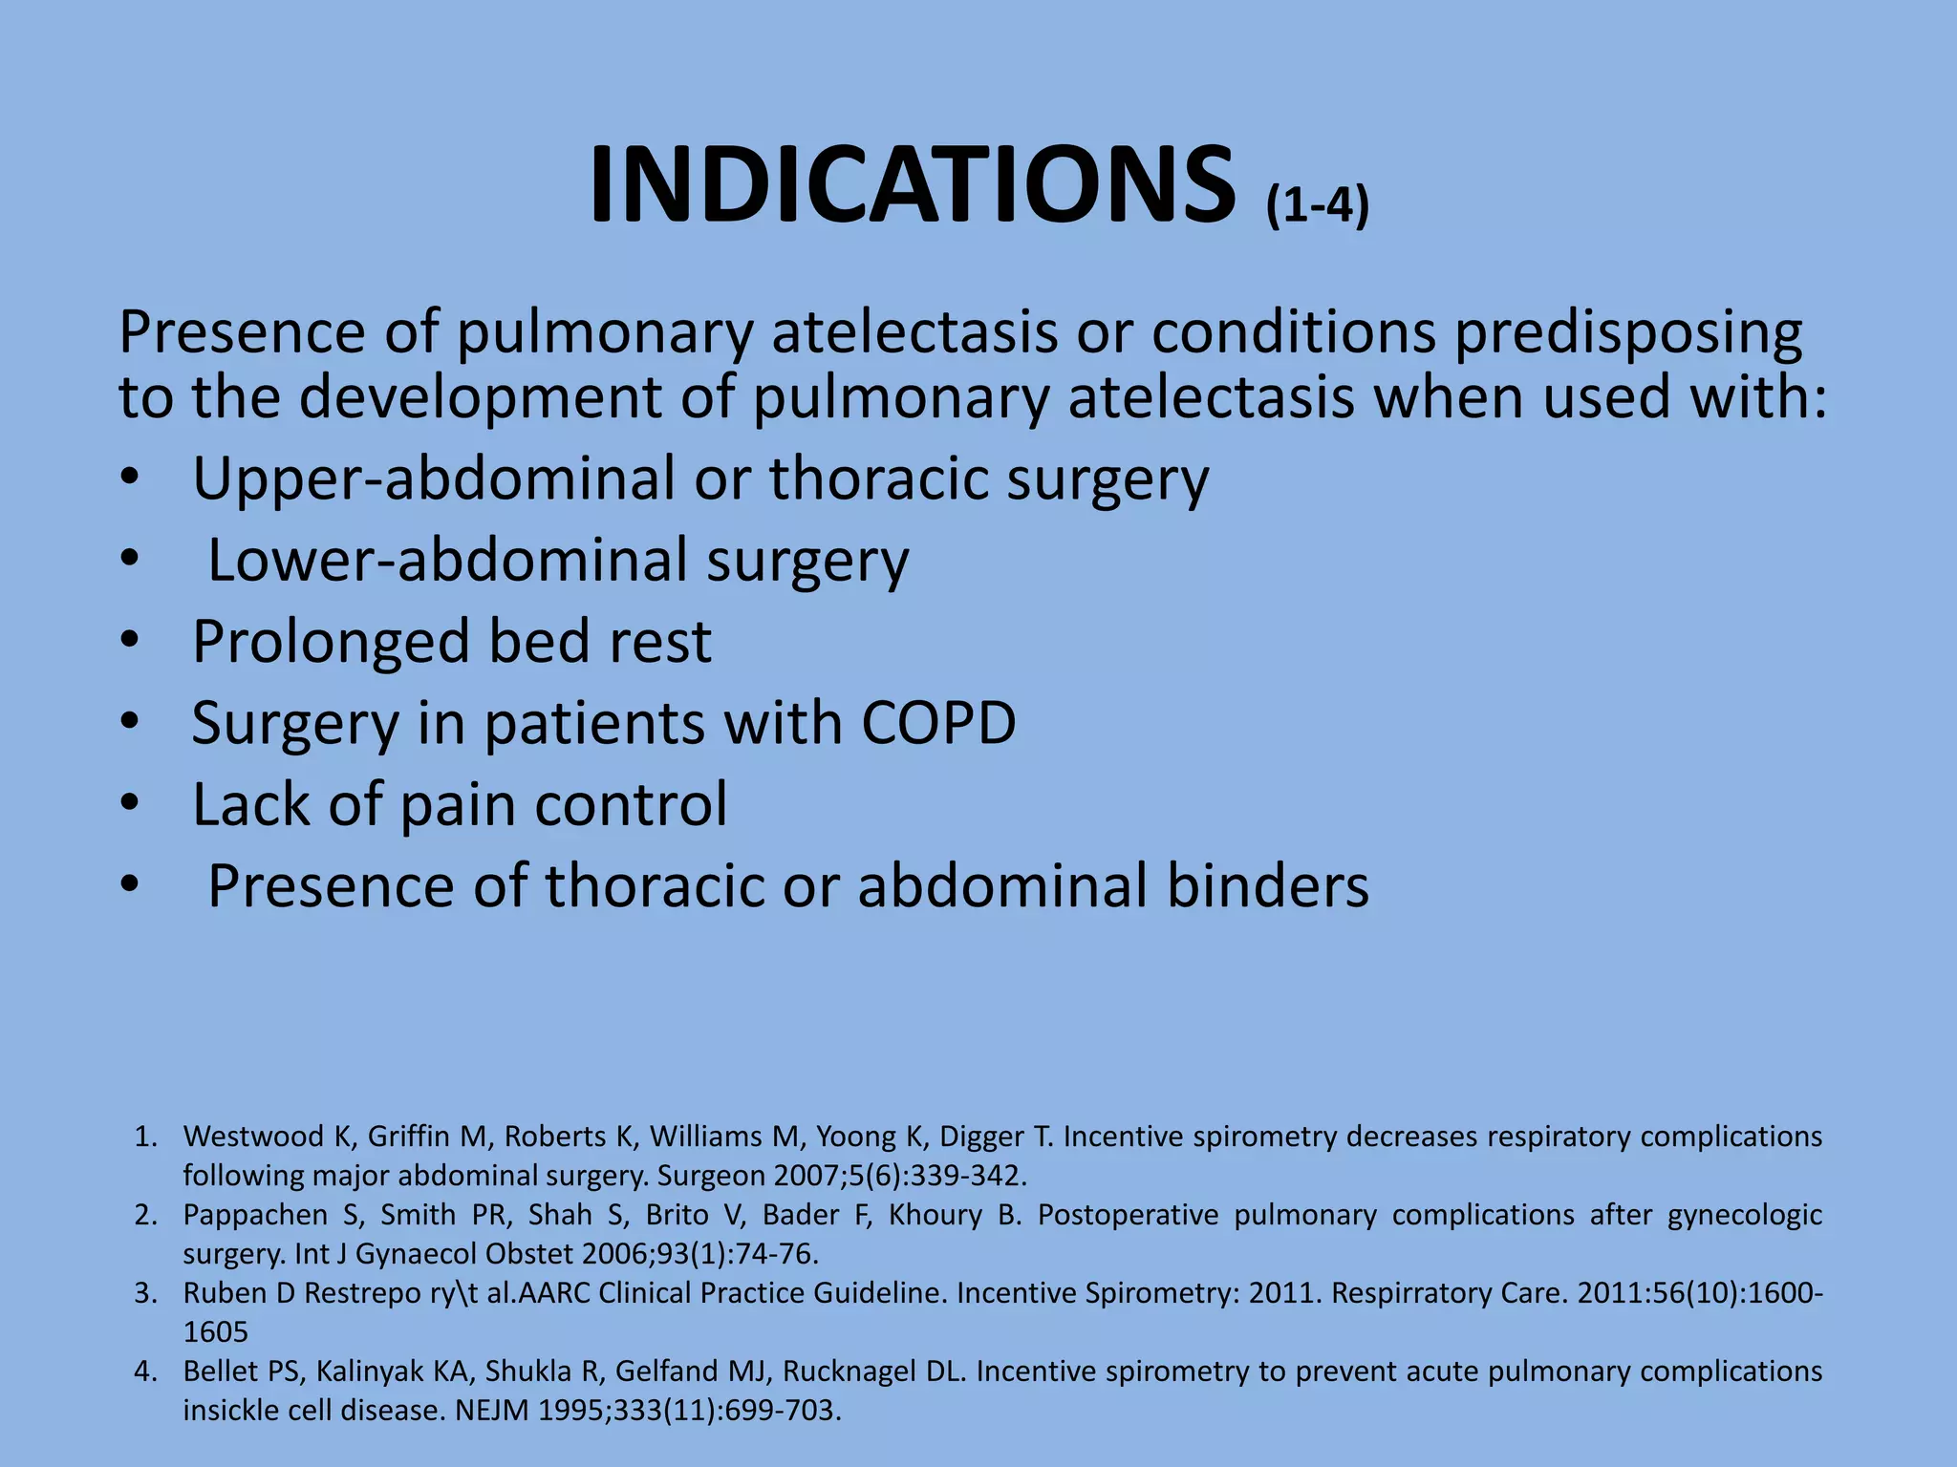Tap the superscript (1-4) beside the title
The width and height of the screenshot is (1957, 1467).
tap(1318, 204)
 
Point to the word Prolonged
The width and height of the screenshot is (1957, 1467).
tap(331, 643)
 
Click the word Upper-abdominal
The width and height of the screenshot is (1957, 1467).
tap(434, 478)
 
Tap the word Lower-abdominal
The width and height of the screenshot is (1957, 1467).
tap(447, 561)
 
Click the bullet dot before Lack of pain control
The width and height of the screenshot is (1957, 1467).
tap(130, 804)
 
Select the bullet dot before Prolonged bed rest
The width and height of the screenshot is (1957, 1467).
tap(130, 641)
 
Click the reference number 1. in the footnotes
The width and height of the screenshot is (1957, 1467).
tap(145, 1137)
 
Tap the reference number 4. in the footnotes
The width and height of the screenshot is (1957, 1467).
tap(145, 1371)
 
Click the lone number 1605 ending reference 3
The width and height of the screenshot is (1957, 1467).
tap(216, 1332)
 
